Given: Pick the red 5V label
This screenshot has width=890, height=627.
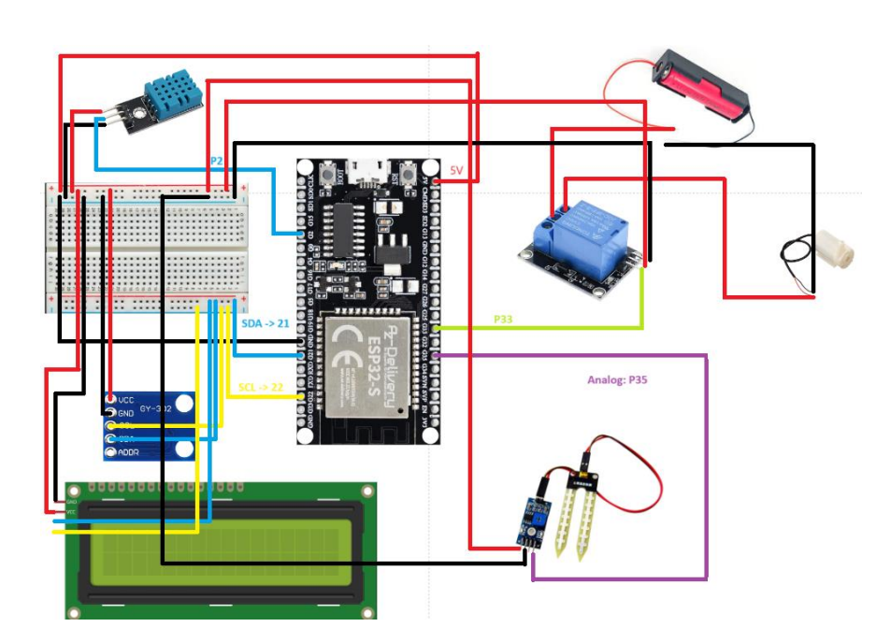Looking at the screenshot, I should [457, 170].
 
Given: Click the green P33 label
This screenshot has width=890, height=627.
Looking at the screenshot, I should [505, 320].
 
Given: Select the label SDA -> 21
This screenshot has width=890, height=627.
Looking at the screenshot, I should [266, 322].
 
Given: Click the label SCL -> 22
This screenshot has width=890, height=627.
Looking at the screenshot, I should [261, 387].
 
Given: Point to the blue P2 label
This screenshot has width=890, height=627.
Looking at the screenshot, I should [215, 162].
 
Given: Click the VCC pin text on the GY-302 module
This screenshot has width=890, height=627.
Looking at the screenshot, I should [127, 400].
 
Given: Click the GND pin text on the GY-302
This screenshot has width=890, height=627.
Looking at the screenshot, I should [127, 413].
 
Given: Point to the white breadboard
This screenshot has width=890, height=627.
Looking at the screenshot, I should [148, 248].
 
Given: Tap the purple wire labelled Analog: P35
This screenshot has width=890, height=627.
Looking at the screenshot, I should [706, 467].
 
